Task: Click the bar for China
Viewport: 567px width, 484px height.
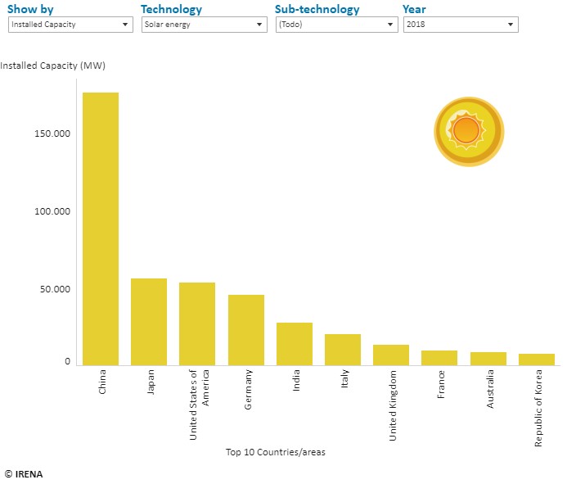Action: pyautogui.click(x=101, y=228)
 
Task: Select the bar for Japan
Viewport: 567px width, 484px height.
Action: pyautogui.click(x=149, y=322)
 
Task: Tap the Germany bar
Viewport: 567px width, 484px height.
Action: pyautogui.click(x=246, y=330)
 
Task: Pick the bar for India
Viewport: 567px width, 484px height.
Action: pyautogui.click(x=295, y=344)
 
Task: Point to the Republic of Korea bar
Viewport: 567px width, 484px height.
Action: pyautogui.click(x=537, y=360)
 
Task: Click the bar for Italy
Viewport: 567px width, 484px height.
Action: pyautogui.click(x=343, y=350)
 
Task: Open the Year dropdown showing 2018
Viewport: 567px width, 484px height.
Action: pyautogui.click(x=461, y=25)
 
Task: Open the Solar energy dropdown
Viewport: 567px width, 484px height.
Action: pyautogui.click(x=205, y=25)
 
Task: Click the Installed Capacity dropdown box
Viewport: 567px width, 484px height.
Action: pyautogui.click(x=70, y=25)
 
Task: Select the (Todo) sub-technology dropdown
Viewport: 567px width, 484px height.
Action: pyautogui.click(x=336, y=25)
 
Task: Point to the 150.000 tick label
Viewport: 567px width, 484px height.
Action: pyautogui.click(x=52, y=133)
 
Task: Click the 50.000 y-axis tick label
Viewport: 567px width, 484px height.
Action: pyautogui.click(x=55, y=289)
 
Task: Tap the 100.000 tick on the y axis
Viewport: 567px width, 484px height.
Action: pyautogui.click(x=52, y=211)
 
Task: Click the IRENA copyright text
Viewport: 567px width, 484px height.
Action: pyautogui.click(x=24, y=474)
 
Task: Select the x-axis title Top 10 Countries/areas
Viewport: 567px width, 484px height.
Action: pyautogui.click(x=276, y=452)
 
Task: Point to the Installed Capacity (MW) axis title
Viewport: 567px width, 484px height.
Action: pyautogui.click(x=53, y=66)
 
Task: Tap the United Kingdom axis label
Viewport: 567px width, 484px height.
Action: pyautogui.click(x=393, y=405)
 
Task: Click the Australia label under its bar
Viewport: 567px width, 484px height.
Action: pyautogui.click(x=490, y=389)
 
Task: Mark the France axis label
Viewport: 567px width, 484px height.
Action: pyautogui.click(x=441, y=384)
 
